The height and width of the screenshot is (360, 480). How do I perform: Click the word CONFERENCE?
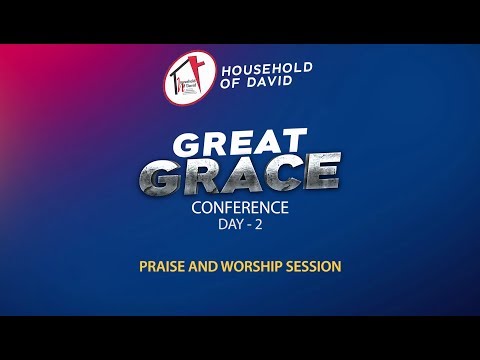pyautogui.click(x=240, y=209)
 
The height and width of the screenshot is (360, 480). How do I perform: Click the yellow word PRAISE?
pyautogui.click(x=162, y=267)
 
